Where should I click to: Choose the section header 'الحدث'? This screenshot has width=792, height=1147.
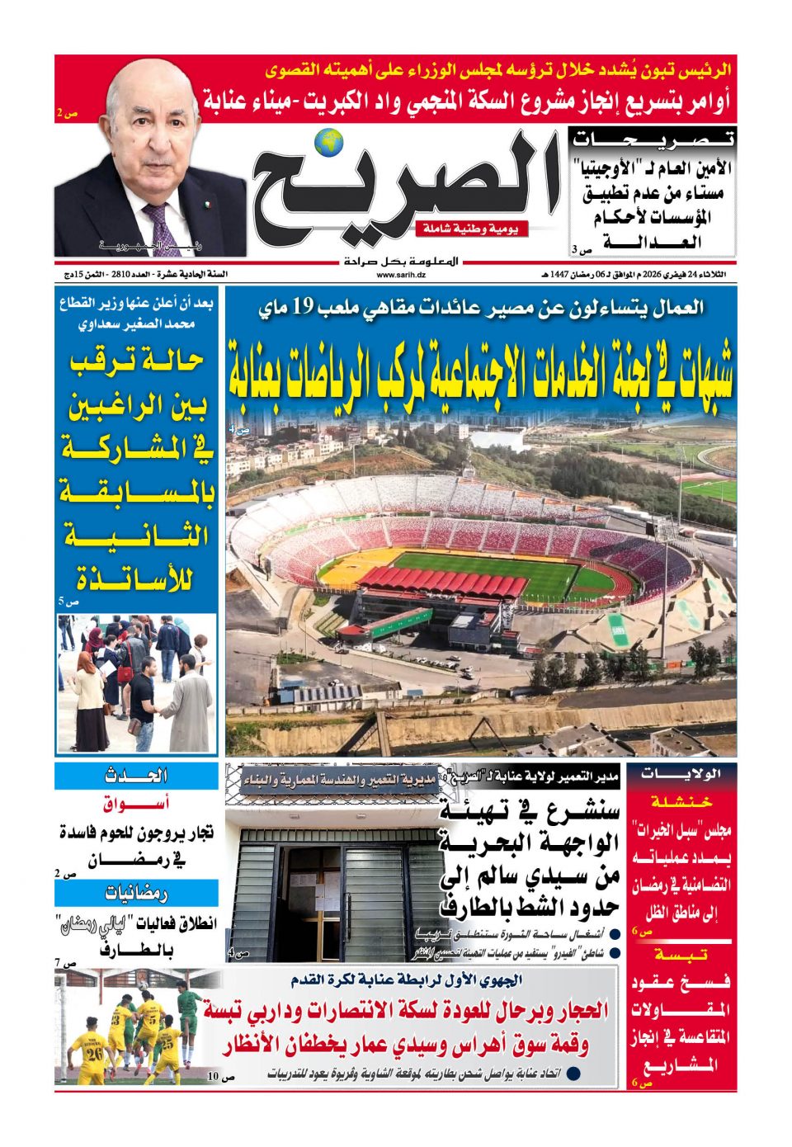pos(136,776)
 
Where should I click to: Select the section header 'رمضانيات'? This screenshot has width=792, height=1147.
pos(136,893)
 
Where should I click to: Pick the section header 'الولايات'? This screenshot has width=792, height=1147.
pos(681,774)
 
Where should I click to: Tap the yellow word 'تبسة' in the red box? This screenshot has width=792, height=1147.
pos(681,955)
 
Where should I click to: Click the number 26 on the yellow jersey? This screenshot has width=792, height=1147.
pos(95,1054)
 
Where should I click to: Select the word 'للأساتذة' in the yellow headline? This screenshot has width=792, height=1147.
pos(137,579)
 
